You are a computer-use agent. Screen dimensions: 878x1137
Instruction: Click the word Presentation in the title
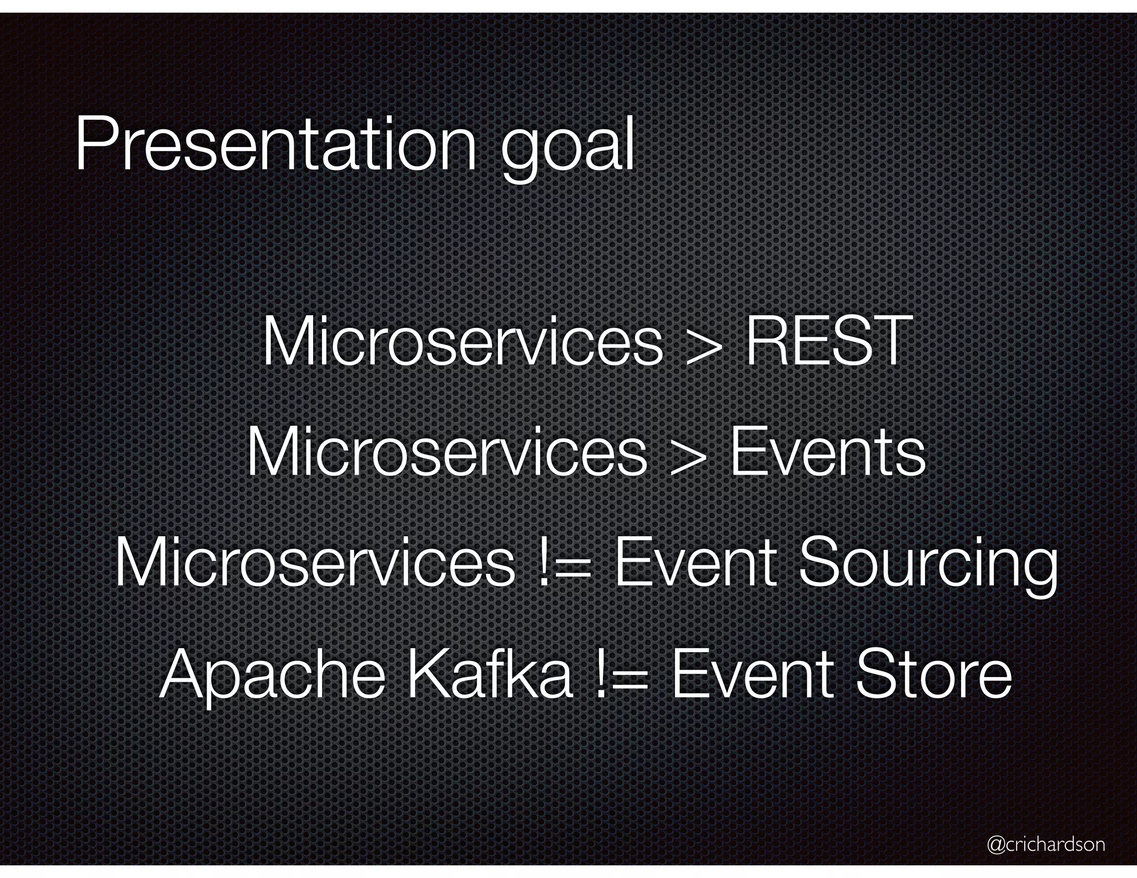275,145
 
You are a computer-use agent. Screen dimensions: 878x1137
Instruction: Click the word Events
827,452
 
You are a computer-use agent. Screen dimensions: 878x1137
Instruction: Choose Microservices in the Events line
446,452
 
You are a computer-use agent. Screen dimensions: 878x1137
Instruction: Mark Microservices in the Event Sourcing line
314,563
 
